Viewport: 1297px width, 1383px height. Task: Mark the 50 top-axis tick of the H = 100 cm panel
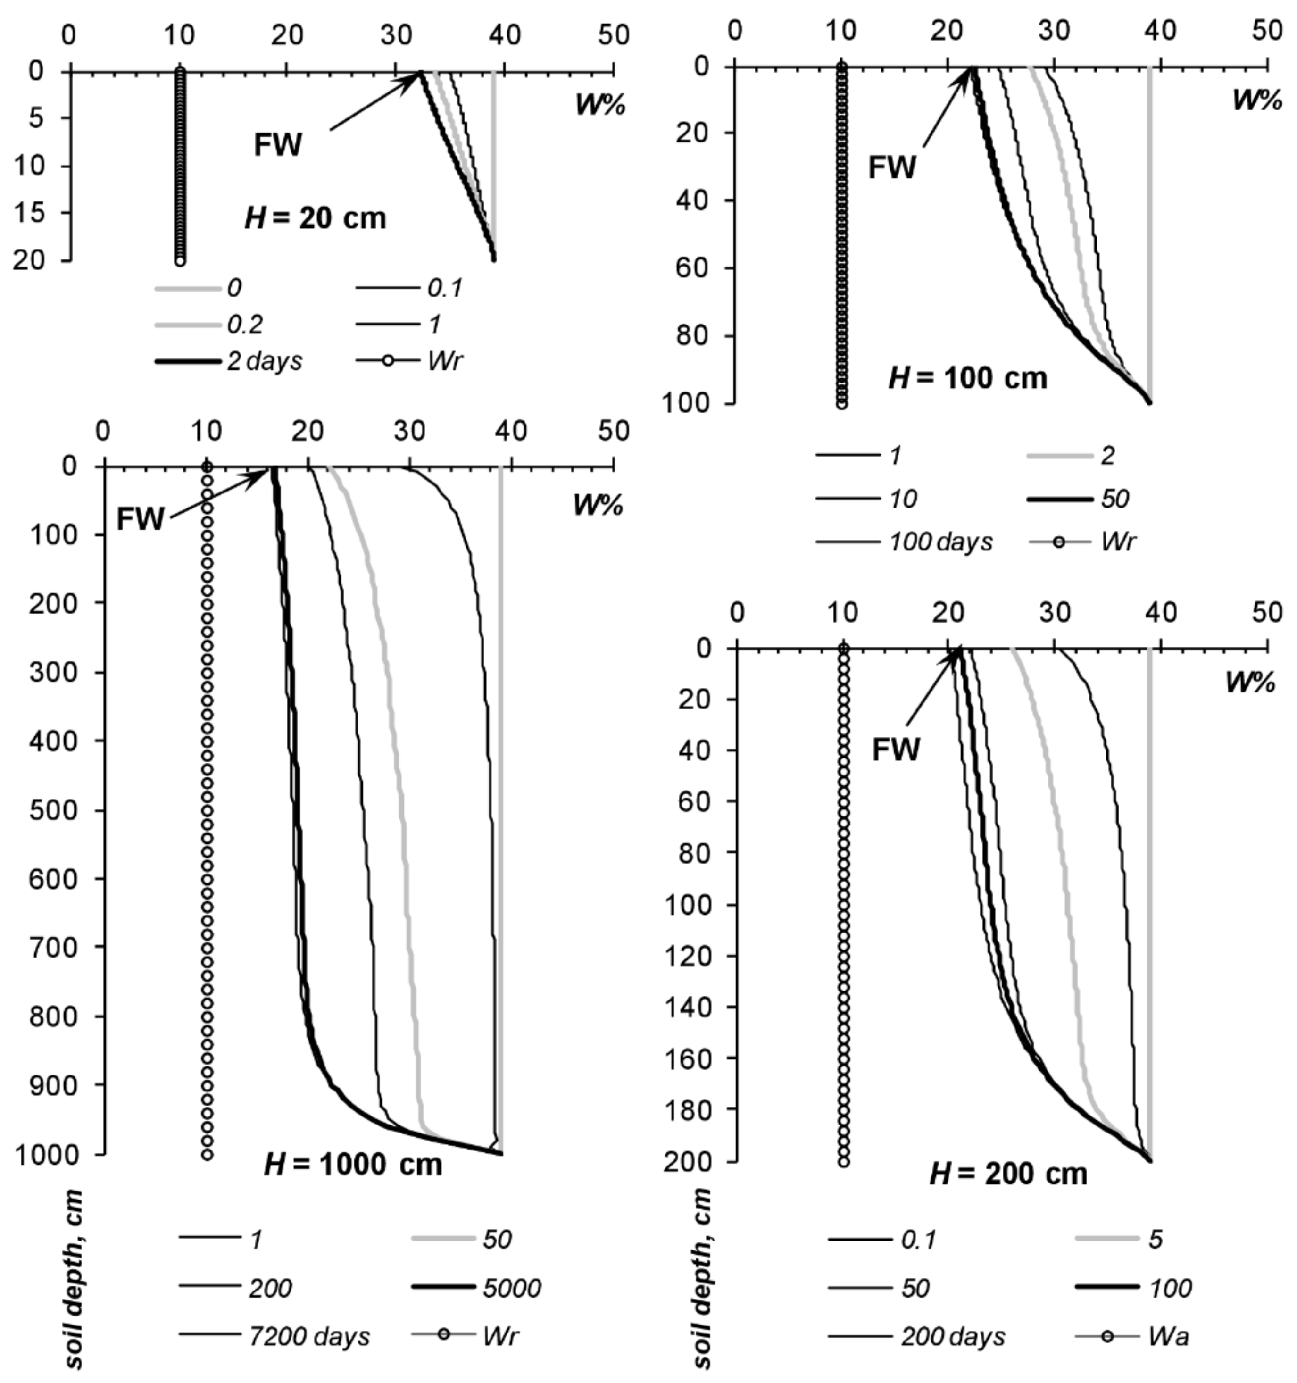(x=1267, y=30)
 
